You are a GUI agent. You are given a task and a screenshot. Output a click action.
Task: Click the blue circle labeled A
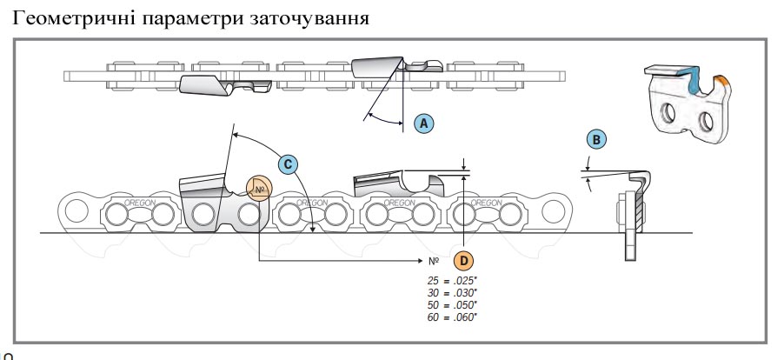(x=424, y=123)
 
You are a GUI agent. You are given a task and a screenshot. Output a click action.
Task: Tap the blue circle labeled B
(x=596, y=139)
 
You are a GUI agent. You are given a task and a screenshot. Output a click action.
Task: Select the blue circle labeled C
(x=289, y=163)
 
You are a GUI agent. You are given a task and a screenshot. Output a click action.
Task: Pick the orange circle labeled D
(x=464, y=260)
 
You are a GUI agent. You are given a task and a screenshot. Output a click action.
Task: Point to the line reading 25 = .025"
(x=452, y=280)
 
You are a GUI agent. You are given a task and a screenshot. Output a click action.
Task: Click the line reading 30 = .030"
(x=452, y=292)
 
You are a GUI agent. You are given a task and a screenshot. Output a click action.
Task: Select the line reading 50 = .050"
(x=452, y=304)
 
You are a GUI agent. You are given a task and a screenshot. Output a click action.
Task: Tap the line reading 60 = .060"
(x=452, y=317)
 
